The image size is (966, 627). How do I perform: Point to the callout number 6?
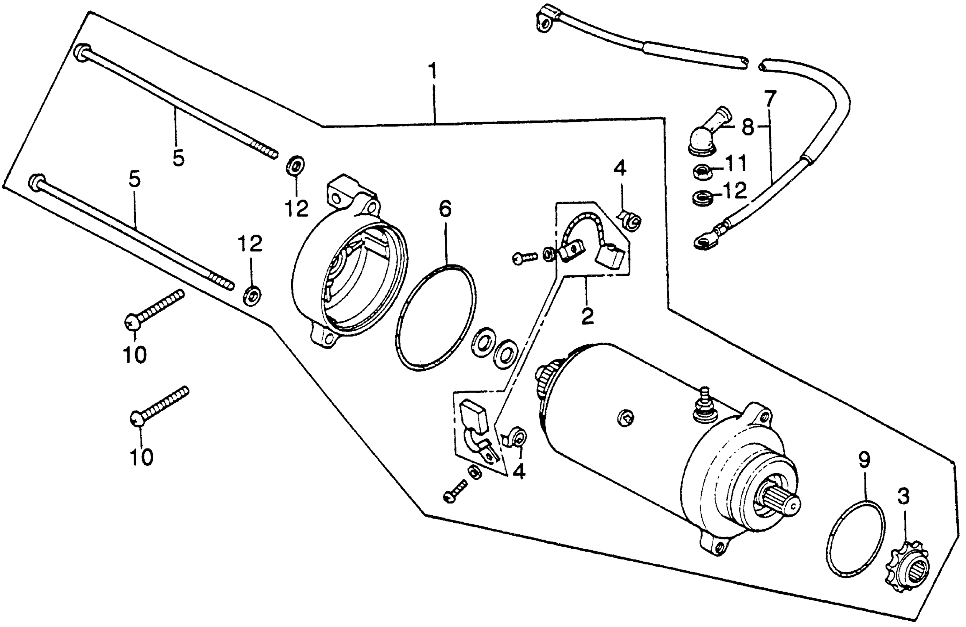[445, 209]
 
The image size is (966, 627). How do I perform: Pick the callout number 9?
[864, 460]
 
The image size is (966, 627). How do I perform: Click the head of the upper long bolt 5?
[82, 52]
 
